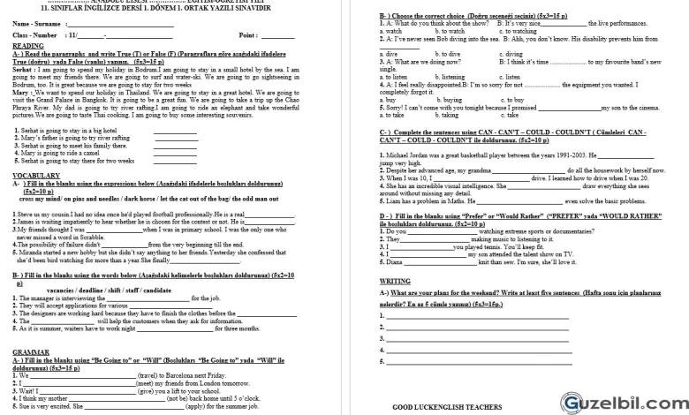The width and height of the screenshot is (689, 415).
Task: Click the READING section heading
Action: tap(27, 45)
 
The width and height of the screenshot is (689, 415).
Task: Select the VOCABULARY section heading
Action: tap(35, 176)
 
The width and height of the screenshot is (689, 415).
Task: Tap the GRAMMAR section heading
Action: tap(30, 351)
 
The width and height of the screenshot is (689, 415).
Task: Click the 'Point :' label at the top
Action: tap(250, 34)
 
